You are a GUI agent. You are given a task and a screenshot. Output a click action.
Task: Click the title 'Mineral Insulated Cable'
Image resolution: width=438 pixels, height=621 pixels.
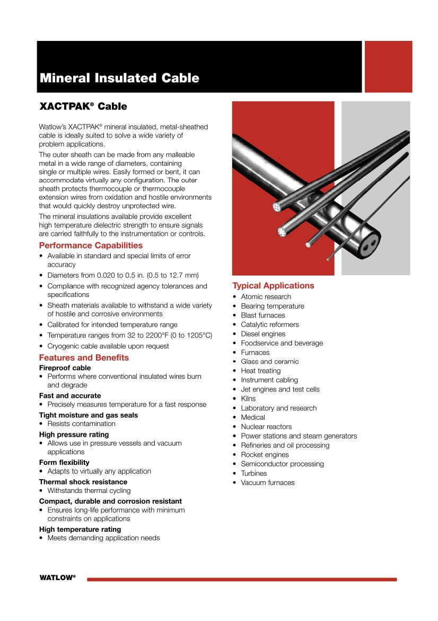click(x=119, y=78)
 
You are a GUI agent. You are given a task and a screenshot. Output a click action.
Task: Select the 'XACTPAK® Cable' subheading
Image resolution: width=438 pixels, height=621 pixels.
click(x=83, y=106)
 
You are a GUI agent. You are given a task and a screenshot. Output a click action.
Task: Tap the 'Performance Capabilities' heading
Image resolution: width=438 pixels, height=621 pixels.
click(x=91, y=245)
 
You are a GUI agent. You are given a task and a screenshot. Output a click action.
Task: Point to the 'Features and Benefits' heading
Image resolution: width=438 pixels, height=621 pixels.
click(x=84, y=358)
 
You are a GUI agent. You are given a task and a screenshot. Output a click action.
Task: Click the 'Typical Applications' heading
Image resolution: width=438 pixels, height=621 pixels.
click(x=273, y=286)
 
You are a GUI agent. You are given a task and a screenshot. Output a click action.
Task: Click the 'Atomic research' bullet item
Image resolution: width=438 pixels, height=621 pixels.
click(x=266, y=296)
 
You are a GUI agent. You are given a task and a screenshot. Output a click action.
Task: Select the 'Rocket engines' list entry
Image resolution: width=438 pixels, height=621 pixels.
click(x=265, y=455)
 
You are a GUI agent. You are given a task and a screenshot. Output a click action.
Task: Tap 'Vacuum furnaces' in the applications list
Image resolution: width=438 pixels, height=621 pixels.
click(x=267, y=482)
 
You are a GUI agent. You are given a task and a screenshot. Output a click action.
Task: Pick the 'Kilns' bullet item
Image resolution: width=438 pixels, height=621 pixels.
click(x=248, y=398)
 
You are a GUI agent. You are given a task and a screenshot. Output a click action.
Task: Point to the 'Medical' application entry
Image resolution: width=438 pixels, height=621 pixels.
click(x=252, y=417)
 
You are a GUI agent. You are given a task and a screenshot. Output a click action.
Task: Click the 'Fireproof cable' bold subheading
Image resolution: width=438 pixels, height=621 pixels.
click(x=65, y=368)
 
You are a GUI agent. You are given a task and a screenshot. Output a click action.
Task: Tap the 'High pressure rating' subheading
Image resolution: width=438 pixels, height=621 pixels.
click(x=74, y=434)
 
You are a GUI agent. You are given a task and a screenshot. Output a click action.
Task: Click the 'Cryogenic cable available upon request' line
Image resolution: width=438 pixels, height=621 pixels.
click(x=108, y=346)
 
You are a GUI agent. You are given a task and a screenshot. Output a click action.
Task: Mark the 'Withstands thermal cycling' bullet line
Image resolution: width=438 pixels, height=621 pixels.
click(x=89, y=491)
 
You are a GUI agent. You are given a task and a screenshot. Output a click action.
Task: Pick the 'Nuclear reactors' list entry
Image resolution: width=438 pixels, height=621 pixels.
click(x=266, y=427)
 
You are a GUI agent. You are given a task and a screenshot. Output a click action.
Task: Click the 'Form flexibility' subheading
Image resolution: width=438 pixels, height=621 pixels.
click(x=64, y=462)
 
